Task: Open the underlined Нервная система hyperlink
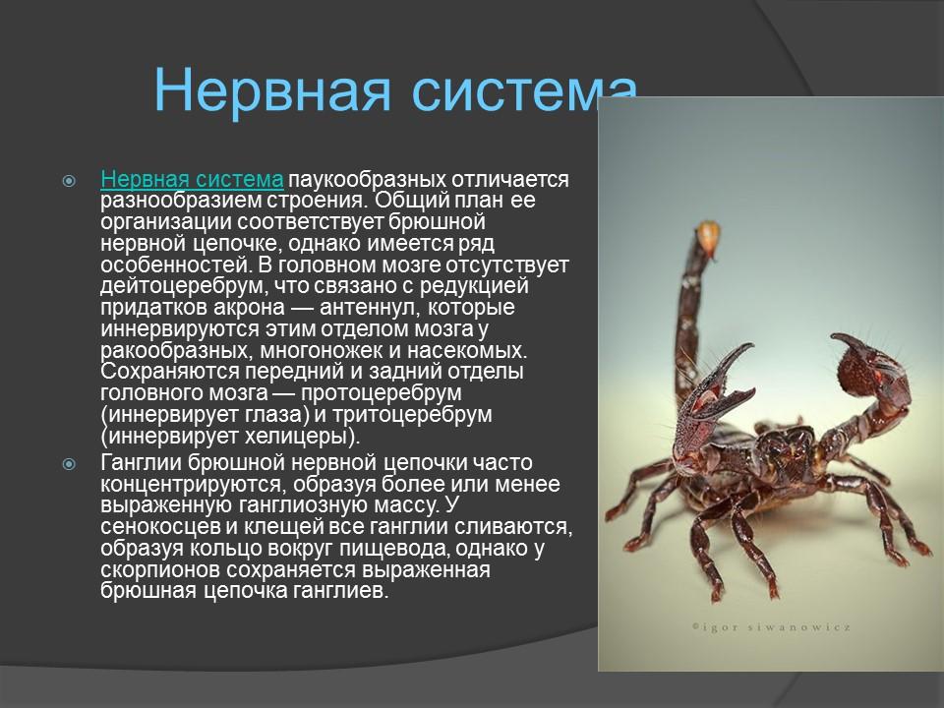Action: pyautogui.click(x=193, y=180)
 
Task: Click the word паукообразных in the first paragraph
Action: pyautogui.click(x=366, y=180)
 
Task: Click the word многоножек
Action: pyautogui.click(x=333, y=350)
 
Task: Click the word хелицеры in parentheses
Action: pyautogui.click(x=297, y=436)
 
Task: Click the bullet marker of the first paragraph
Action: pyautogui.click(x=69, y=181)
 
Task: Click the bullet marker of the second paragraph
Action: pyautogui.click(x=69, y=464)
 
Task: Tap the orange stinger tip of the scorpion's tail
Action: pyautogui.click(x=707, y=234)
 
